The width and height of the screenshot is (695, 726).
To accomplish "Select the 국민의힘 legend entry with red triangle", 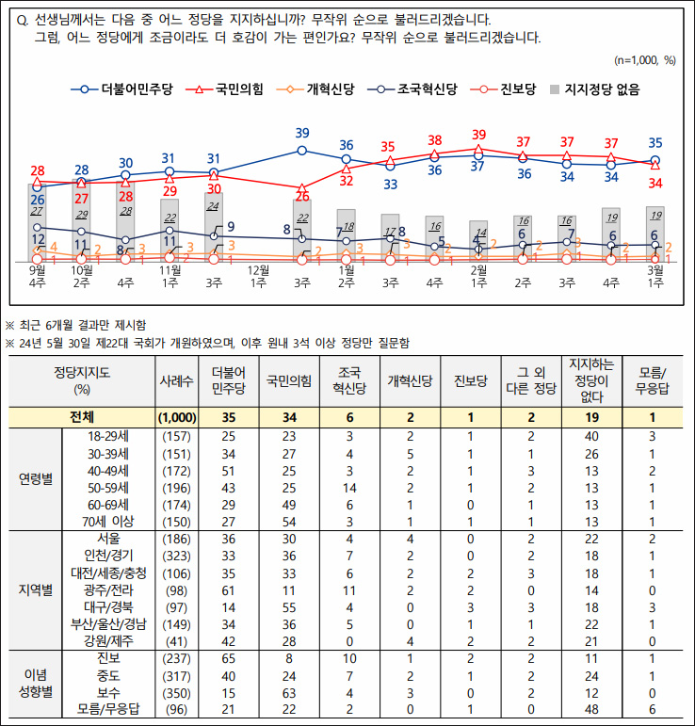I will (229, 90).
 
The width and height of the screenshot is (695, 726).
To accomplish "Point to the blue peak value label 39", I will (302, 134).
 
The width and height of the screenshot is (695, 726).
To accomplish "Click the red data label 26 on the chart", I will (302, 197).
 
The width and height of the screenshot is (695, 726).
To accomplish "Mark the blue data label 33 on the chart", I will (390, 184).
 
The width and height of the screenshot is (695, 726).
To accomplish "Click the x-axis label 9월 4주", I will (37, 275).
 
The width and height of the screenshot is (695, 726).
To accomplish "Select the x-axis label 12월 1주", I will (258, 275).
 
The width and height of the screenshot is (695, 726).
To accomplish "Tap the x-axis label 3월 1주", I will (655, 275).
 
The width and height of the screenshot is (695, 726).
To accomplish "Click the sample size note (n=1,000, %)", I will (644, 60).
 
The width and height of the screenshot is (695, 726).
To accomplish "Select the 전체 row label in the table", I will (82, 416).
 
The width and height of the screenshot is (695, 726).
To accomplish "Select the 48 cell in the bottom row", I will (592, 708).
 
